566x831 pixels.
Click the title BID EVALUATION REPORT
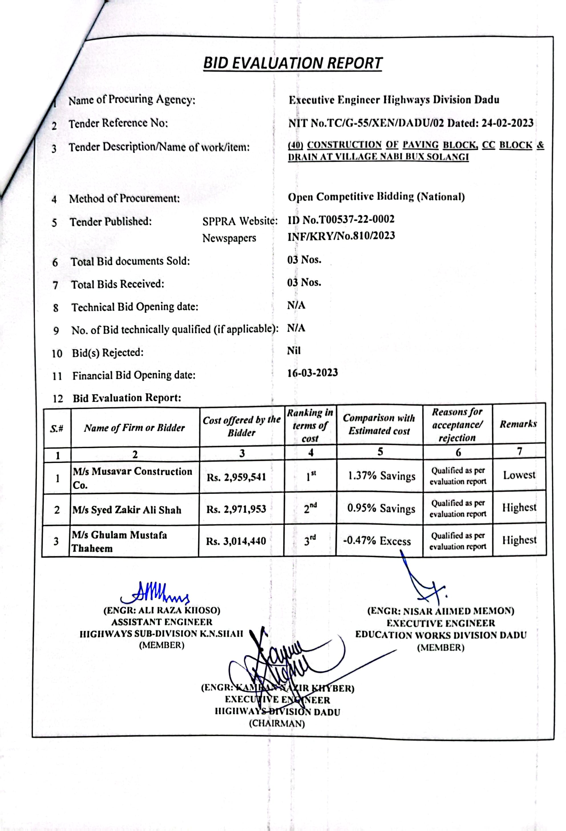tap(292, 63)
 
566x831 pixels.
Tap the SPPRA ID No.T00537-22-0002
tap(341, 219)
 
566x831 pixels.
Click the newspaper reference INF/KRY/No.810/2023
tap(341, 236)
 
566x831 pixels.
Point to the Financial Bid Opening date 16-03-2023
tap(312, 373)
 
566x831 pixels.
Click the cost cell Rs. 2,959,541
tap(236, 477)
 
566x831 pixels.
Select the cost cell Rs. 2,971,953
tap(236, 509)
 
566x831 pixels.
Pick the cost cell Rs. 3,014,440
tap(236, 541)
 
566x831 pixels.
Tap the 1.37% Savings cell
tap(381, 476)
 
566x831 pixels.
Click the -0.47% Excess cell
tap(377, 541)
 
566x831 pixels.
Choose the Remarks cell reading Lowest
tap(519, 475)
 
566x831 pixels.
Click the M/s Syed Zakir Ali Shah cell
tap(127, 510)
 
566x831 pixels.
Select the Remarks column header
tap(518, 424)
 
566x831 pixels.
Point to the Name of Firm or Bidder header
tap(134, 428)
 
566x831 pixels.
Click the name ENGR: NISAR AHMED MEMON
tap(440, 611)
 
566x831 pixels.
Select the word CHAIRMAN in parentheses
tap(277, 723)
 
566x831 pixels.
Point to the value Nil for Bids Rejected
tap(294, 350)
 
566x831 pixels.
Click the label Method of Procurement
tap(124, 198)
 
